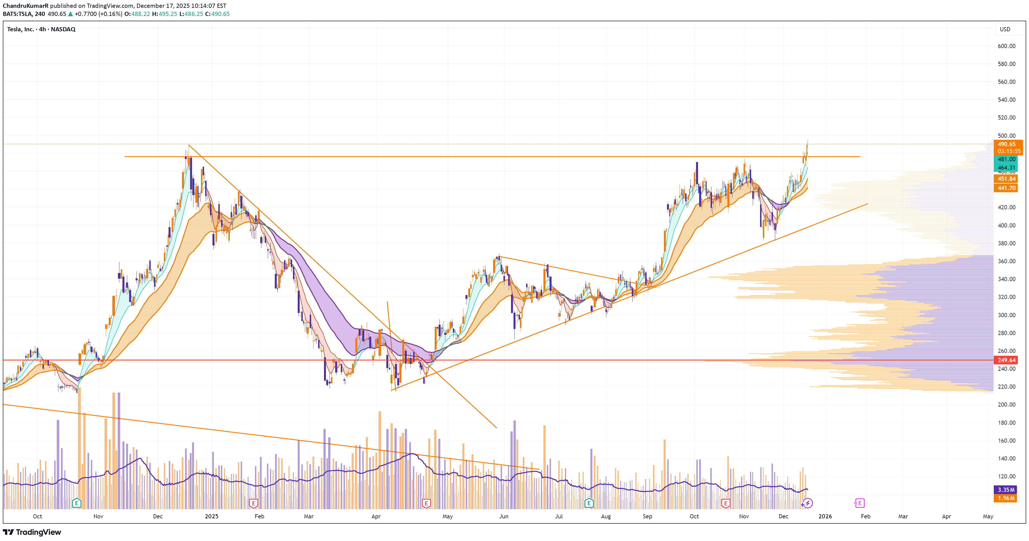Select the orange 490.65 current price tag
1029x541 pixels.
click(1006, 144)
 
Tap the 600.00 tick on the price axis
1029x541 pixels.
click(1006, 46)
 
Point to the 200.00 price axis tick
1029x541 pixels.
click(1006, 404)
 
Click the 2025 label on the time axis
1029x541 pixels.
click(211, 516)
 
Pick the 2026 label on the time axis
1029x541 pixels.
click(825, 516)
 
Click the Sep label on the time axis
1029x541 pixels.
click(647, 516)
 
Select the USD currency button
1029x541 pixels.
click(1005, 29)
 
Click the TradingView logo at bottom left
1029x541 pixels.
click(32, 532)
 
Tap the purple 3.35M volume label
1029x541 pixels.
click(1006, 490)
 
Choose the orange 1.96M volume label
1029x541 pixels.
click(1006, 498)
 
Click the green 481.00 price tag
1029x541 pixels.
click(1006, 159)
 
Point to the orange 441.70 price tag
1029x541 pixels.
click(1006, 188)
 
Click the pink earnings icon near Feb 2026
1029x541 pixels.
click(859, 503)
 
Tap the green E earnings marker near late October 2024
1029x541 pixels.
click(76, 503)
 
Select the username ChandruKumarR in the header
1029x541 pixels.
click(25, 6)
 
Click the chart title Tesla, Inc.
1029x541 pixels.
click(20, 29)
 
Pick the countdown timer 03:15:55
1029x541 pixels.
click(1009, 151)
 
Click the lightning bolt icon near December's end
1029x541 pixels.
click(808, 503)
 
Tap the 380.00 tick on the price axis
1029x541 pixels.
click(1006, 243)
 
